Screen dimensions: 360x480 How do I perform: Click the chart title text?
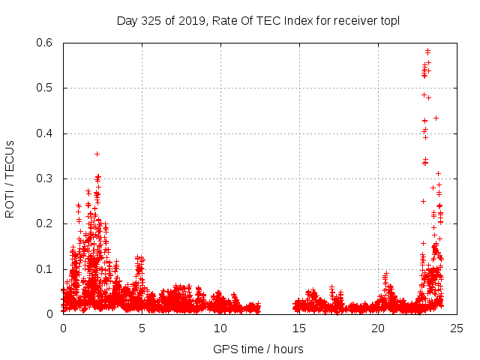(258, 20)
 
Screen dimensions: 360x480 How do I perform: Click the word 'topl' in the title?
(389, 20)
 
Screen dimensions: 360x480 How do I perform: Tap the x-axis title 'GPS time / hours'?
(258, 349)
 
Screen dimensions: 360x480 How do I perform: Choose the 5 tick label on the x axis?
(142, 328)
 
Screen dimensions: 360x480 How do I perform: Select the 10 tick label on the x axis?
(220, 328)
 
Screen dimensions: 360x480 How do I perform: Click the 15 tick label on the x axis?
(299, 328)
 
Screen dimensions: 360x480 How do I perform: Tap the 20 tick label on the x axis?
(378, 328)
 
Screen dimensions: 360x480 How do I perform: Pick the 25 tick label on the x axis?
(457, 328)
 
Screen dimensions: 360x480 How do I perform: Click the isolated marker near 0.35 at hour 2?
(97, 154)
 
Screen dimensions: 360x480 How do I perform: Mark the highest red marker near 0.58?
(427, 51)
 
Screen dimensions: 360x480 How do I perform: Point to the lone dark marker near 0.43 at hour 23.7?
(436, 118)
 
